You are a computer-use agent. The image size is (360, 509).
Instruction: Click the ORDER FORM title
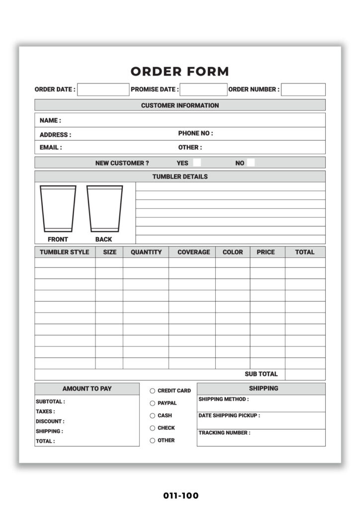point(180,72)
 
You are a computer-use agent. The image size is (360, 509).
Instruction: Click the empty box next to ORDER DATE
point(103,89)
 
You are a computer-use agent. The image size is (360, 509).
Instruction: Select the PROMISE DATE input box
point(203,89)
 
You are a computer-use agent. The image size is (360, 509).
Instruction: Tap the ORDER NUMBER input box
point(303,89)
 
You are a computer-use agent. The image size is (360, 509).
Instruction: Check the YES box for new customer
point(197,163)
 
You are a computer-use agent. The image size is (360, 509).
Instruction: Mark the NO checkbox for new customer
point(251,163)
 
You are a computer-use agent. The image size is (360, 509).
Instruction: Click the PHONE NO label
point(195,133)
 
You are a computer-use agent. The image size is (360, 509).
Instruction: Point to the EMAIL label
point(51,148)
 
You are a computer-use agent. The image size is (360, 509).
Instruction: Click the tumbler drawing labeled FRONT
point(58,209)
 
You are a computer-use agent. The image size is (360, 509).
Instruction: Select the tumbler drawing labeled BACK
point(104,209)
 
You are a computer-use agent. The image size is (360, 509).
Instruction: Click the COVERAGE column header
point(193,252)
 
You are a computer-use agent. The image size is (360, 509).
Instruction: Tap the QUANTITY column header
point(146,252)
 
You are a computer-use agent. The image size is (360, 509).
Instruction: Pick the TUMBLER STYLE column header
point(65,252)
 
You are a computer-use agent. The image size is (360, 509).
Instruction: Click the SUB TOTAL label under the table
point(261,374)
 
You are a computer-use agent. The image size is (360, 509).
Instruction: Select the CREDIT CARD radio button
point(153,391)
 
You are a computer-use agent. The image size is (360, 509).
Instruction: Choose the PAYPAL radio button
point(153,403)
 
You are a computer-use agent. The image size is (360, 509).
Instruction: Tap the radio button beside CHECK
point(153,428)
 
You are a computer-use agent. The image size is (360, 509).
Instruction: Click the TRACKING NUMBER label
point(224,433)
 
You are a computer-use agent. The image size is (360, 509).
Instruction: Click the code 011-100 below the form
point(180,496)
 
